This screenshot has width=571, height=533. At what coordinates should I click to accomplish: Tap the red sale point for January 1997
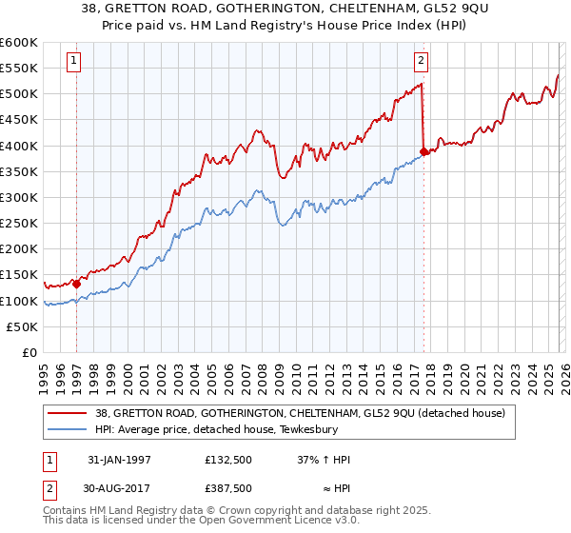(x=76, y=283)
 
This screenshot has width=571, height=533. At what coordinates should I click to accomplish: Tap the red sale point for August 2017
(x=423, y=150)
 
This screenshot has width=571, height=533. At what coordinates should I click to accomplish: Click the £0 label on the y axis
(x=30, y=352)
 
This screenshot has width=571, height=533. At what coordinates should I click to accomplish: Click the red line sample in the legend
(x=66, y=412)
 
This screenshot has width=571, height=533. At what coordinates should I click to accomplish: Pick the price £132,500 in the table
(x=228, y=460)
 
